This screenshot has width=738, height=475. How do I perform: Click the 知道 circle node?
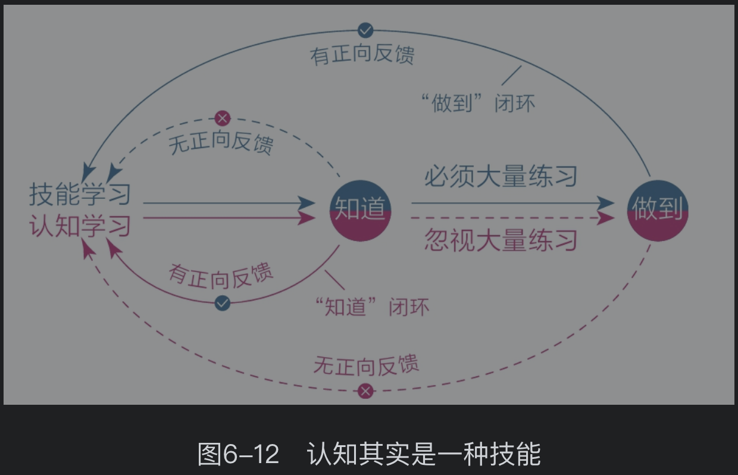[359, 210]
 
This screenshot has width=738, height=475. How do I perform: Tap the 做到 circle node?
[658, 210]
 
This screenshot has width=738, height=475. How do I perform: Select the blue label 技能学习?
[80, 195]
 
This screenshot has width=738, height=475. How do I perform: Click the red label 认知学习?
[80, 226]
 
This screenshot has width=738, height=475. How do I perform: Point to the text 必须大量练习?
[501, 177]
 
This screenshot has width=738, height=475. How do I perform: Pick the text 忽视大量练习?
[501, 240]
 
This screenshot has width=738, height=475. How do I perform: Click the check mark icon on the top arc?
[365, 29]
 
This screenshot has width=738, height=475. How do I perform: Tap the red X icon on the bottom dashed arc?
[365, 391]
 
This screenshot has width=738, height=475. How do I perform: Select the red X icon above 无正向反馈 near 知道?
[223, 118]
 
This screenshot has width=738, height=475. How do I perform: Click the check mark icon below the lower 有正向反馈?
[223, 303]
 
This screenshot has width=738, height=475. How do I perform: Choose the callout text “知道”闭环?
[371, 307]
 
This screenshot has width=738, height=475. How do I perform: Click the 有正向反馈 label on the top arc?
[362, 54]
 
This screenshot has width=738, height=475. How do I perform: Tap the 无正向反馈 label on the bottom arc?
[365, 364]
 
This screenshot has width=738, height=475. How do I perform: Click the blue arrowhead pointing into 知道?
[308, 204]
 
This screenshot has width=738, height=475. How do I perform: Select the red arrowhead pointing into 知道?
[308, 218]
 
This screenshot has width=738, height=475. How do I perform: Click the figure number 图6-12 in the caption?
[238, 454]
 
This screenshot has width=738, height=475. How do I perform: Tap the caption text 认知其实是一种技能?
[424, 454]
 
